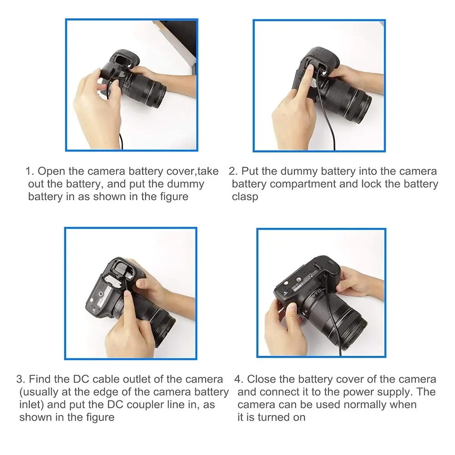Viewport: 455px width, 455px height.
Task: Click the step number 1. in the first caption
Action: tap(30, 172)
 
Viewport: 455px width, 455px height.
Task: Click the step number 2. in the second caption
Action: tap(233, 172)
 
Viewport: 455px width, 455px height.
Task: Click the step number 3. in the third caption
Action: tap(21, 379)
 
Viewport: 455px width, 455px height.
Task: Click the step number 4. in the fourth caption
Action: tap(239, 379)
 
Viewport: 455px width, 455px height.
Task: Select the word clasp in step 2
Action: tap(245, 197)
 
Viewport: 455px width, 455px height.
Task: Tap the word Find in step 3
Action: tap(41, 379)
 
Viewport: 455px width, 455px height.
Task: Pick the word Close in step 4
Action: tap(261, 379)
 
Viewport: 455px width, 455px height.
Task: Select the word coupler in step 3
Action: tap(136, 404)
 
